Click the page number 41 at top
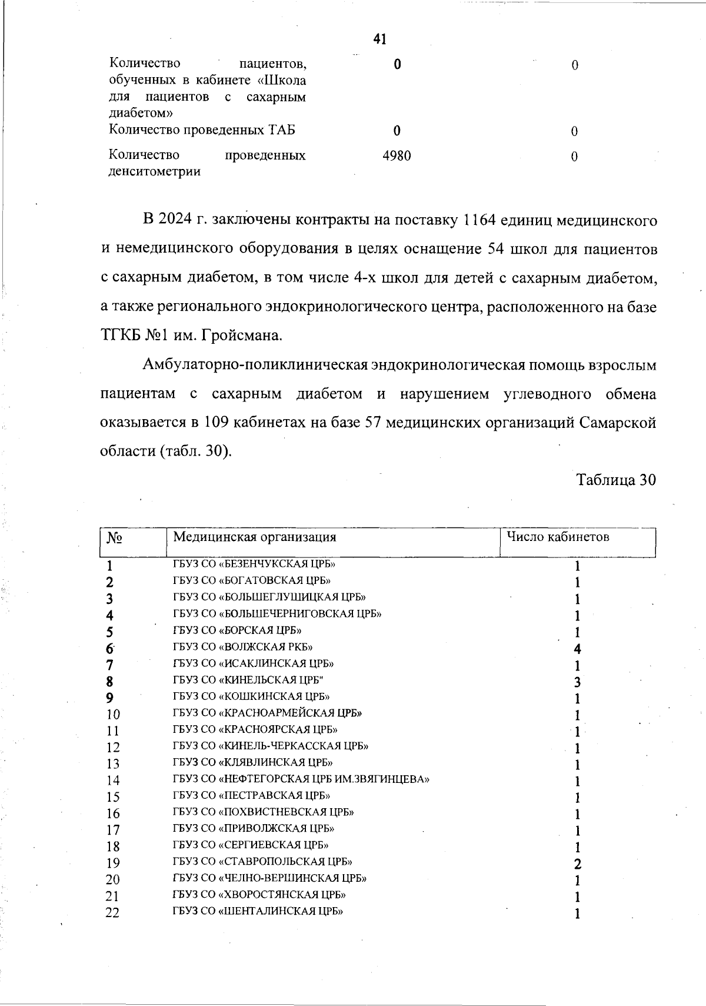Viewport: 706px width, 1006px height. pyautogui.click(x=379, y=39)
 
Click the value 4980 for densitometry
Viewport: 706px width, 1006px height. pyautogui.click(x=397, y=156)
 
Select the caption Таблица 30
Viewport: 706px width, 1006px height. pyautogui.click(x=616, y=480)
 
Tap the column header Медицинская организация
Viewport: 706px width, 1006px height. pyautogui.click(x=254, y=537)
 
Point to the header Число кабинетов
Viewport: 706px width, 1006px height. pyautogui.click(x=558, y=537)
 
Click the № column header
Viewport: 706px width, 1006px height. pyautogui.click(x=114, y=538)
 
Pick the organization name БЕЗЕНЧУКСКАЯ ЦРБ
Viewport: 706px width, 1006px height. pyautogui.click(x=254, y=564)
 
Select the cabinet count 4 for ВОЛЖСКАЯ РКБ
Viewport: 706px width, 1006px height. pyautogui.click(x=578, y=649)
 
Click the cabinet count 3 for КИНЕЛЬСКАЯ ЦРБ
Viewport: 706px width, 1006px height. pyautogui.click(x=578, y=682)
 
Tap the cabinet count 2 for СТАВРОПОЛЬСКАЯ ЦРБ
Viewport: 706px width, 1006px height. pyautogui.click(x=578, y=864)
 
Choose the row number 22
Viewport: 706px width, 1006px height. pyautogui.click(x=112, y=913)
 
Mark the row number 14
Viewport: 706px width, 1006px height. pyautogui.click(x=112, y=781)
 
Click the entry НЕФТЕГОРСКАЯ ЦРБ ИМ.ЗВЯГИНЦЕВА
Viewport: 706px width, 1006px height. pyautogui.click(x=301, y=779)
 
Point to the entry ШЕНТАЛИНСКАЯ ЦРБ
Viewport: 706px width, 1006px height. pyautogui.click(x=258, y=911)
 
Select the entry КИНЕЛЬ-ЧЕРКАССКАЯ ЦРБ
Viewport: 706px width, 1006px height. pyautogui.click(x=271, y=746)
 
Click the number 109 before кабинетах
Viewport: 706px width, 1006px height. pyautogui.click(x=217, y=423)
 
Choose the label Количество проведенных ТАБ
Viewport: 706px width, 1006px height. pyautogui.click(x=202, y=130)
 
